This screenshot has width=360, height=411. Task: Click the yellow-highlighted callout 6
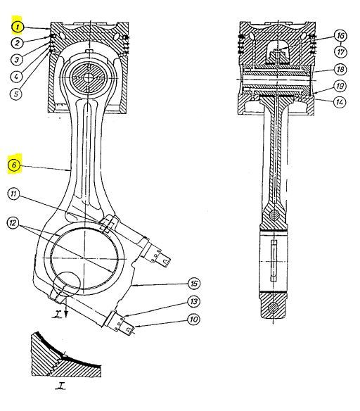15,166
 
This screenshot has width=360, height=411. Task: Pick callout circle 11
15,194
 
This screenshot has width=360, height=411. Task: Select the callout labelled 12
14,223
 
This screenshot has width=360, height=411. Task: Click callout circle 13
194,302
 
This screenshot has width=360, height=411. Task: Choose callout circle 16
340,35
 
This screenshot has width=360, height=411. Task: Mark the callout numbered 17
340,51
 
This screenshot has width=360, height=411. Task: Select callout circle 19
340,87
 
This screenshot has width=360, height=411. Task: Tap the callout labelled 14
340,103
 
